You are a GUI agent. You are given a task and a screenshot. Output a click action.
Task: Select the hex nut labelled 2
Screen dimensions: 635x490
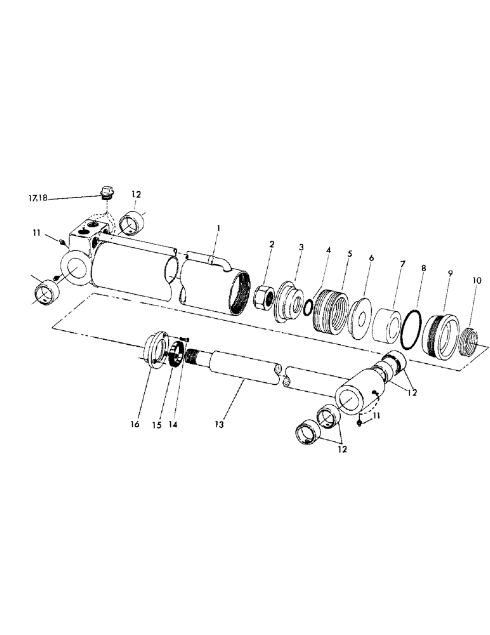pos(263,296)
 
